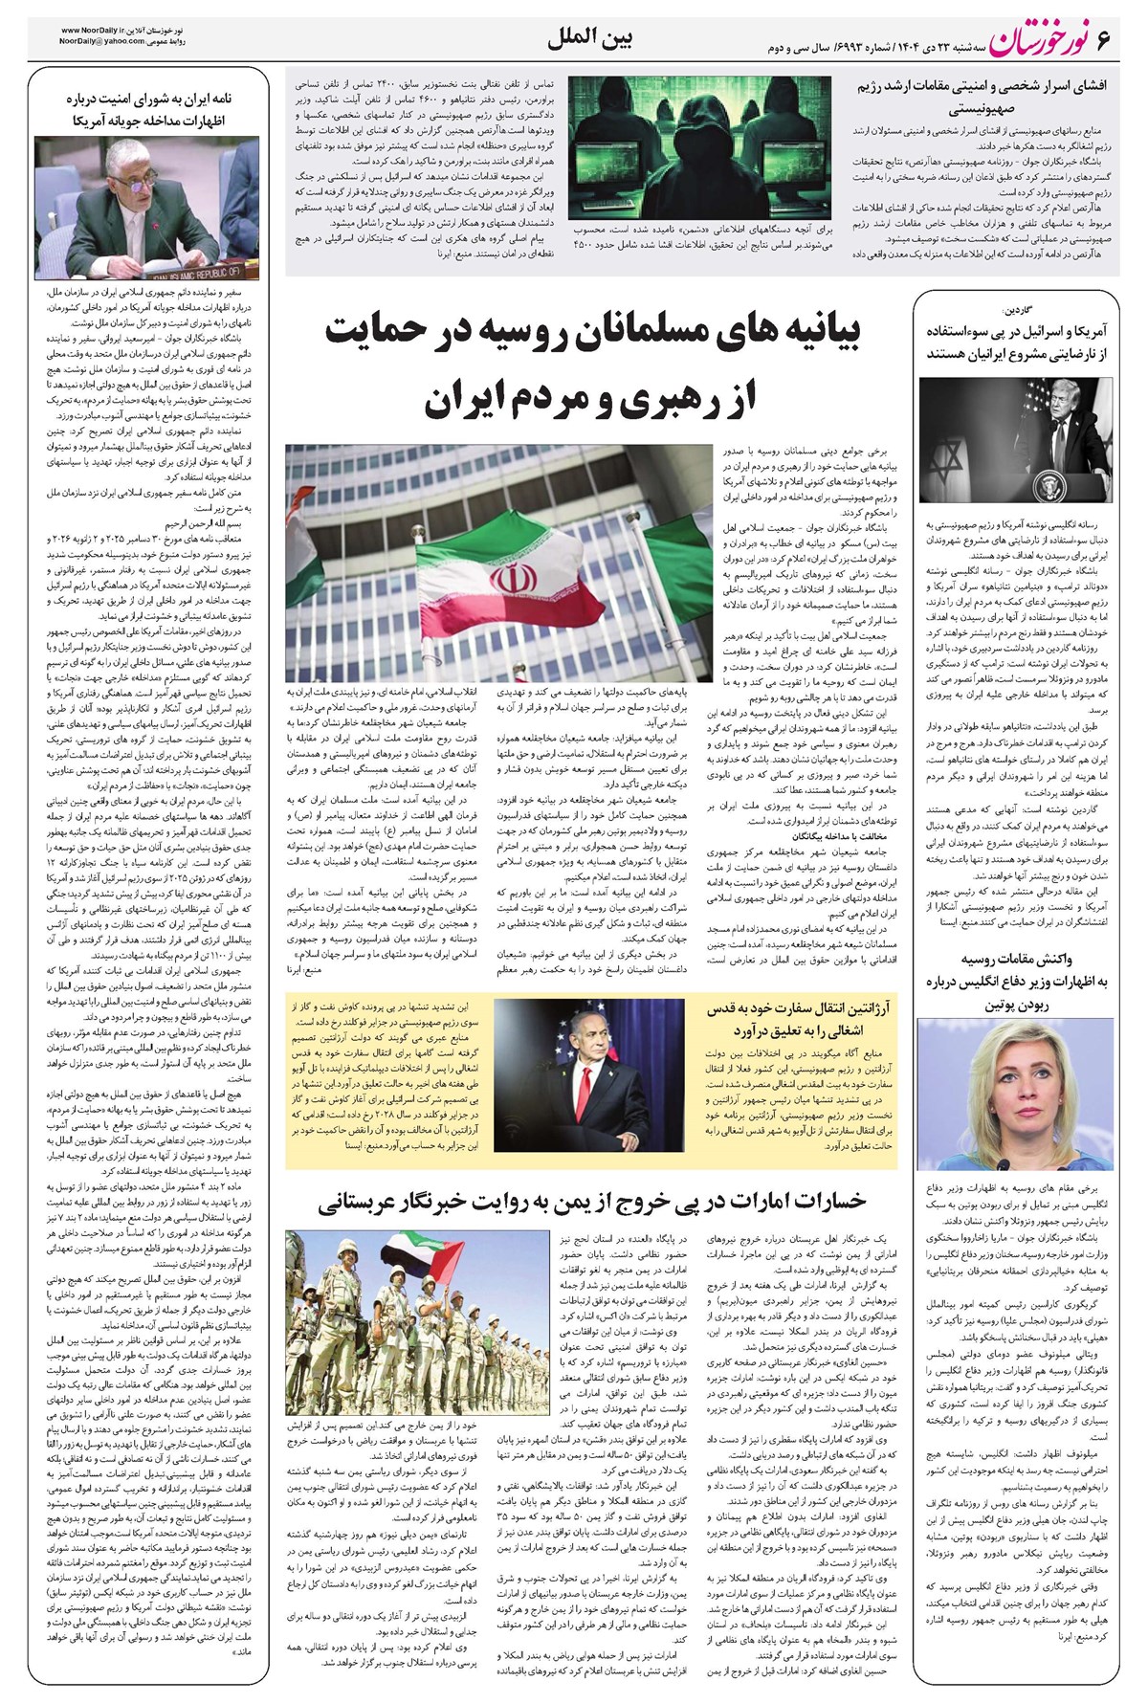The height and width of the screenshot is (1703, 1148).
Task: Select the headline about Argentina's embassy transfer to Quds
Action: [797, 1018]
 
